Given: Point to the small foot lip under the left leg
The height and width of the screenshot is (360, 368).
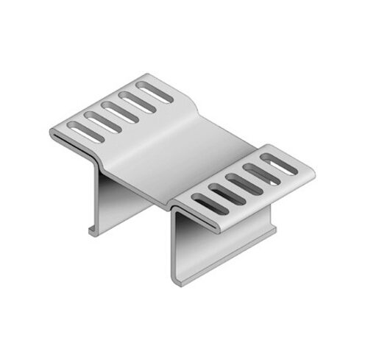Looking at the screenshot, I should tap(93, 231).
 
